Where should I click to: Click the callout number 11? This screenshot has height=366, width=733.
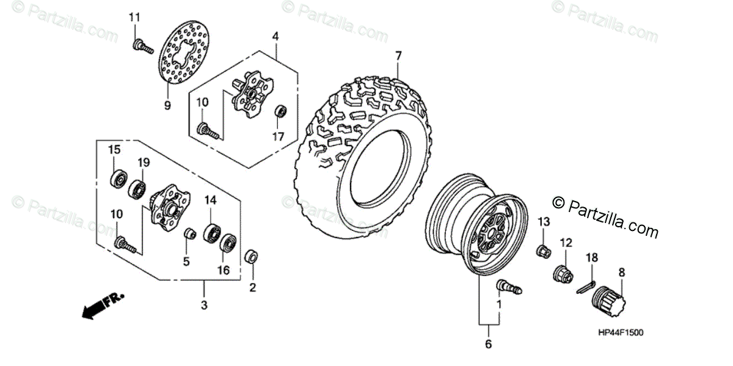(x=134, y=17)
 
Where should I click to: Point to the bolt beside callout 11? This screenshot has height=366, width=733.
(x=142, y=45)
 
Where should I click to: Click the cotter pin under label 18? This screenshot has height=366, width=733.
(x=585, y=285)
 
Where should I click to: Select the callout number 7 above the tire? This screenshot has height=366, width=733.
(x=398, y=56)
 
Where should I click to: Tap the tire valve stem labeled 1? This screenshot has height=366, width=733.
(x=509, y=285)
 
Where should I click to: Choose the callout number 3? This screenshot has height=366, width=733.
(x=205, y=304)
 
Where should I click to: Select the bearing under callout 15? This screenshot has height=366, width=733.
(x=118, y=179)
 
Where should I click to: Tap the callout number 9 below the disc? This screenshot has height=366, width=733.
(x=167, y=105)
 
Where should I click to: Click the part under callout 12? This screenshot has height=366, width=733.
(x=563, y=274)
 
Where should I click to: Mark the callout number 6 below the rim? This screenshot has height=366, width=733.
(x=488, y=344)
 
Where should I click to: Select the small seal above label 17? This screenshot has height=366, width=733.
(x=280, y=112)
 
